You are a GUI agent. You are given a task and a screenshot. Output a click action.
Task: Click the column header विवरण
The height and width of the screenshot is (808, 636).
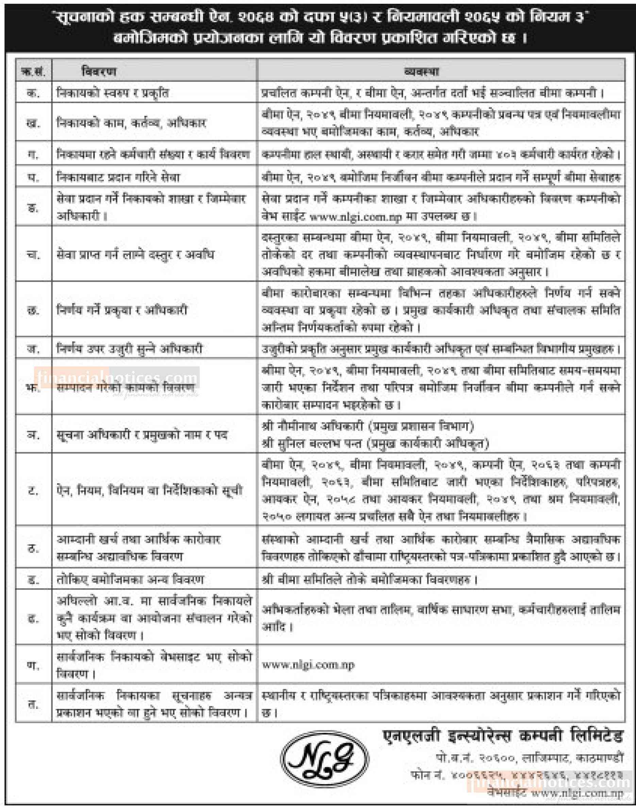(99, 71)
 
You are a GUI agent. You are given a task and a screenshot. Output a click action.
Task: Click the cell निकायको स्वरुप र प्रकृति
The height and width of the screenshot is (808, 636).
(113, 92)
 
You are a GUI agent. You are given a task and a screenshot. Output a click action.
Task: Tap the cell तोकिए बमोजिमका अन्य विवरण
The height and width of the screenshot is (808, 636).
(130, 580)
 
